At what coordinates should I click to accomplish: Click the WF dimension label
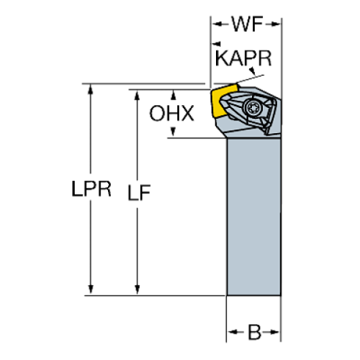point(248,24)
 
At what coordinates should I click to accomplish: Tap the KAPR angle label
point(243,58)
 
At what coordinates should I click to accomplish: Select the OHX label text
point(172,113)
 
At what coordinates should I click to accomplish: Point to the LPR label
point(91,189)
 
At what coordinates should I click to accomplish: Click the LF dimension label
point(139,192)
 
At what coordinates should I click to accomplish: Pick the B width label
point(254,332)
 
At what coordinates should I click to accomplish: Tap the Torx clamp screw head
point(252,107)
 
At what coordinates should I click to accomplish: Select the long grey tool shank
point(254,217)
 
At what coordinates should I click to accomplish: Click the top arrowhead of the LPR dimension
point(90,89)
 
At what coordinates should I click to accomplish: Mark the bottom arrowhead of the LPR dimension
point(90,289)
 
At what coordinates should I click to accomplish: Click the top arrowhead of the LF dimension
point(137,95)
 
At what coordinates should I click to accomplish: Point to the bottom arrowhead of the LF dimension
point(137,289)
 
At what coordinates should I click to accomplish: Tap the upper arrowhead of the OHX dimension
point(173,95)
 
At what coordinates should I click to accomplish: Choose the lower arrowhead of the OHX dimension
point(173,132)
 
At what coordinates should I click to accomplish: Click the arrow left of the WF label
point(220,24)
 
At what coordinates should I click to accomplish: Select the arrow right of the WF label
point(273,24)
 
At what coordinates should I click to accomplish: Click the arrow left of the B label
point(236,332)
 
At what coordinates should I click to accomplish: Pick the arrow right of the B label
point(271,332)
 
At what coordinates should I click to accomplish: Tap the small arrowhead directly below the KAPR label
point(253,71)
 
